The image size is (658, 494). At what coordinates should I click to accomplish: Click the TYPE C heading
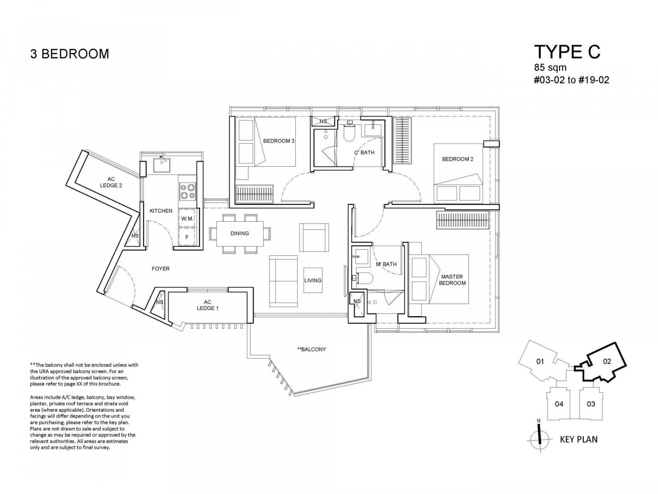coord(567,52)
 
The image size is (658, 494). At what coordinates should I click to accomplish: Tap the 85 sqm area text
coord(550,67)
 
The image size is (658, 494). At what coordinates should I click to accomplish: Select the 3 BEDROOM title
coord(70,54)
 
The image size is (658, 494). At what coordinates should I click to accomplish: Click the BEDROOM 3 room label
coord(279,141)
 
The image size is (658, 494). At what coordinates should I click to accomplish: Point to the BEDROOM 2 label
coord(458,159)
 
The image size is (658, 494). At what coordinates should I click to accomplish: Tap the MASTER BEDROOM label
coord(452,280)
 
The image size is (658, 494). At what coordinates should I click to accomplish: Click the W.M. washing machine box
coord(187,218)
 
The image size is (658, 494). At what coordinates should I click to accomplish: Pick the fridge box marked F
coord(187,237)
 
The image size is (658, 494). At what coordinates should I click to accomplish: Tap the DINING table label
coord(240,233)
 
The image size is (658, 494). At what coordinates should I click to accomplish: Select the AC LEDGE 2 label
coord(111,182)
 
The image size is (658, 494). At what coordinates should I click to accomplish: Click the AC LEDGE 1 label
coord(207,305)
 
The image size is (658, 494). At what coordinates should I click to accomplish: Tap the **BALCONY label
coord(312,349)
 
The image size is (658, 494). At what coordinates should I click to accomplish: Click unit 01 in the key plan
coord(540,361)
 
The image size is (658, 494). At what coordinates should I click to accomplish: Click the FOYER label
coord(160,269)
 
